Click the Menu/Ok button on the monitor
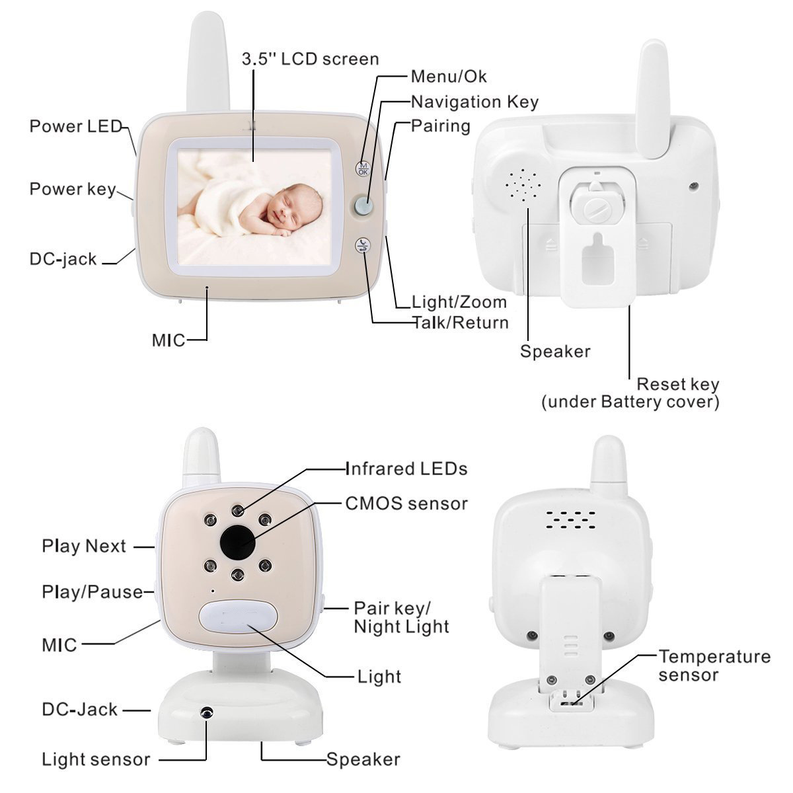click(363, 169)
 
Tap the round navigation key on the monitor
click(363, 206)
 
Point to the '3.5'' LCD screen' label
click(310, 59)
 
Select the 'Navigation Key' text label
click(474, 102)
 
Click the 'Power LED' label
click(76, 126)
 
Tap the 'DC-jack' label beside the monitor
click(63, 259)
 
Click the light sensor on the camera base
click(207, 713)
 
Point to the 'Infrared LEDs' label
click(406, 469)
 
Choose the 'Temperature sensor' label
click(714, 665)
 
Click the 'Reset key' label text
click(677, 384)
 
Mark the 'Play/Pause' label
click(93, 591)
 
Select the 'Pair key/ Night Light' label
click(401, 617)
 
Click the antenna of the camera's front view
click(201, 456)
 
